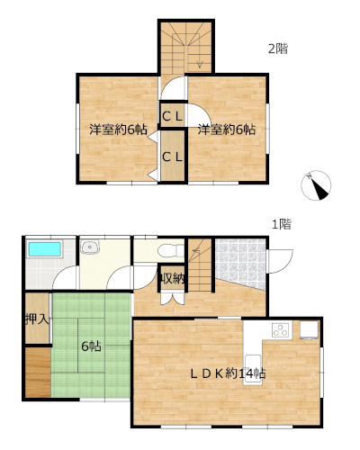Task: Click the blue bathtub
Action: point(45,249)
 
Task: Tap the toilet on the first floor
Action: point(171,250)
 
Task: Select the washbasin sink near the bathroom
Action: point(90,247)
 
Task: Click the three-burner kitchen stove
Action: point(282,329)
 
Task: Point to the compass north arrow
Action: point(316,185)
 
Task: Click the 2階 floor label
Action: point(278,49)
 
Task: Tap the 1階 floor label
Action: point(282,224)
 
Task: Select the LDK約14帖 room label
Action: point(228,373)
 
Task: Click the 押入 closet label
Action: point(37,319)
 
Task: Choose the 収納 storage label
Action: point(172,279)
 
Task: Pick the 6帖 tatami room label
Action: point(91,346)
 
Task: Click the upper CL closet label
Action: point(172,116)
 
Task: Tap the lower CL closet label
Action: point(172,157)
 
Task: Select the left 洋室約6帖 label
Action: point(118,130)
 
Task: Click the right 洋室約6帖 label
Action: point(227,130)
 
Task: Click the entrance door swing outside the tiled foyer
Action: point(280,261)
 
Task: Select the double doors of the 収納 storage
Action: point(172,298)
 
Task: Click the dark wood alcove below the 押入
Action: point(38,373)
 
